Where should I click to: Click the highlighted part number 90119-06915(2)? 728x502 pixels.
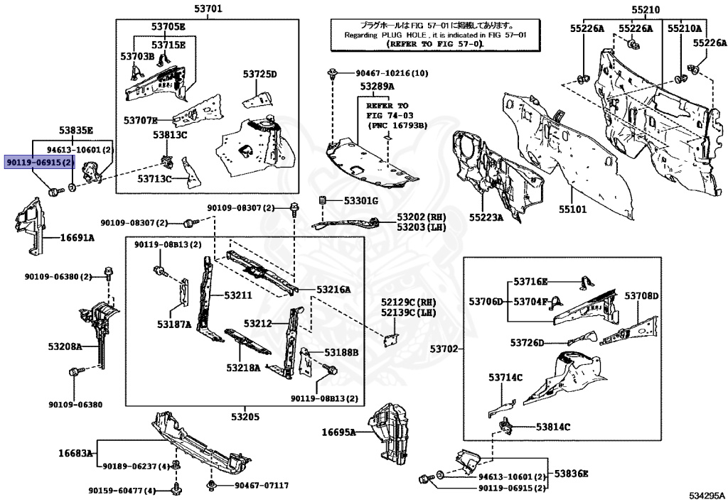click(39, 162)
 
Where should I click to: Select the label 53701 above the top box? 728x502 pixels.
click(208, 9)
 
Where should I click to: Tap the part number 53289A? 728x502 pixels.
click(377, 86)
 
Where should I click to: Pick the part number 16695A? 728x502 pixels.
click(338, 431)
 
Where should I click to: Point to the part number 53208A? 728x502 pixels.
click(65, 347)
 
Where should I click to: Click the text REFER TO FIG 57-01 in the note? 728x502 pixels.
click(433, 44)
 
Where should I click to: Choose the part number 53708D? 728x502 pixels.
click(642, 295)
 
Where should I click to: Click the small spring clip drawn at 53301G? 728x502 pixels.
click(323, 200)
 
